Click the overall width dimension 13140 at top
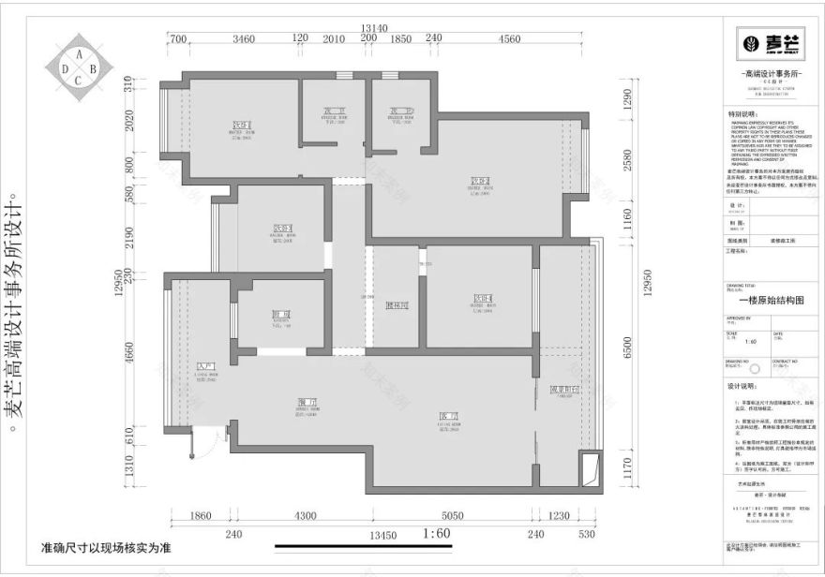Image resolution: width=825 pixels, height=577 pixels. (373, 29)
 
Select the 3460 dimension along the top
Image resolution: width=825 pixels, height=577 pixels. (244, 38)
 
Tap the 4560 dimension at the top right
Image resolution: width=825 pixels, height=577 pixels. (510, 38)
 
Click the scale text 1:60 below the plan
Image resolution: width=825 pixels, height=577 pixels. (438, 535)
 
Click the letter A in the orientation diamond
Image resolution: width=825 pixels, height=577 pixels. (80, 54)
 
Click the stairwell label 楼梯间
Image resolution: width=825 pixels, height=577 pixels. (397, 305)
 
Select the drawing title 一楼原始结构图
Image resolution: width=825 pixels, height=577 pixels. (771, 301)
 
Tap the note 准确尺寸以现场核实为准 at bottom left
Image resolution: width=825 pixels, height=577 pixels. (105, 546)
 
